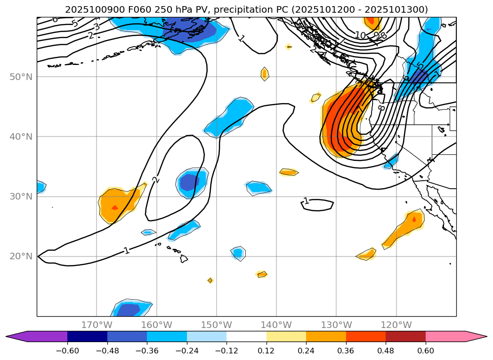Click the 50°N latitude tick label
tap(21, 77)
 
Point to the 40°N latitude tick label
tap(21, 136)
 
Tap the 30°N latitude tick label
tap(21, 197)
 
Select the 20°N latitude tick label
tap(21, 256)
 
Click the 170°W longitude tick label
tap(97, 325)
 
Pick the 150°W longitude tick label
tap(217, 325)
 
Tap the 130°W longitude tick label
tap(336, 325)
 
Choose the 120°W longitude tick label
tap(396, 325)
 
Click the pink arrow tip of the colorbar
tap(480, 336)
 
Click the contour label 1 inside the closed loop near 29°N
tap(307, 201)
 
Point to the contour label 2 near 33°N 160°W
tap(155, 179)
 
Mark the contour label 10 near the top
tap(360, 35)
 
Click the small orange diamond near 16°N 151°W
tap(210, 280)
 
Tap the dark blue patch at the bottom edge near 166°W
tap(127, 310)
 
